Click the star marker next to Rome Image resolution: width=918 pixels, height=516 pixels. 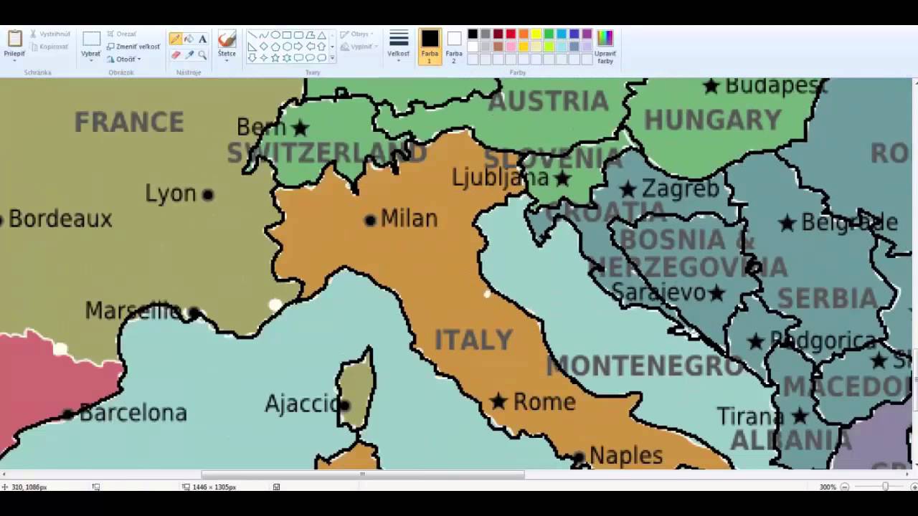(498, 401)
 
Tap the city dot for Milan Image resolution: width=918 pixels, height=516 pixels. (370, 220)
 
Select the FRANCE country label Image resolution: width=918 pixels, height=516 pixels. (129, 123)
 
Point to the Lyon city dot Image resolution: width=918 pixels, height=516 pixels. (208, 194)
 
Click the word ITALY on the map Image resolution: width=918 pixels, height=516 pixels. (473, 340)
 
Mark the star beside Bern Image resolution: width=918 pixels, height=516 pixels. (301, 128)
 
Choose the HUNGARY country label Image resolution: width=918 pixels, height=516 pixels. (712, 120)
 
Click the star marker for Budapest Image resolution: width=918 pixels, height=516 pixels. (711, 86)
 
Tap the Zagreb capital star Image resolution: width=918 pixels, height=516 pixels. (628, 189)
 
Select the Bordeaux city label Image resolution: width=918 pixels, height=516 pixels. (60, 219)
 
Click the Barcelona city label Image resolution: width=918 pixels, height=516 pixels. (133, 413)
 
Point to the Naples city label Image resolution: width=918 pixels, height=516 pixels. (625, 455)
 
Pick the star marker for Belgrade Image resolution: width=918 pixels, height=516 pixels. (787, 223)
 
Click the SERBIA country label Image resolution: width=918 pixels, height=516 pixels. (827, 298)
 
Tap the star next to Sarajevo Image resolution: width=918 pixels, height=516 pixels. (716, 292)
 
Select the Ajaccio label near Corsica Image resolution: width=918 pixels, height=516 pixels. (301, 404)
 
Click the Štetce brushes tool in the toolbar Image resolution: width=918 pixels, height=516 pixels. (227, 44)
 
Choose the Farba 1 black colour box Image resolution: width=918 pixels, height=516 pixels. (430, 44)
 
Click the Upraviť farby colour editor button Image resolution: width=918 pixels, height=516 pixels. (605, 46)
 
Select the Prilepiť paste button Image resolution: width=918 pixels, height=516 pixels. (14, 44)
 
